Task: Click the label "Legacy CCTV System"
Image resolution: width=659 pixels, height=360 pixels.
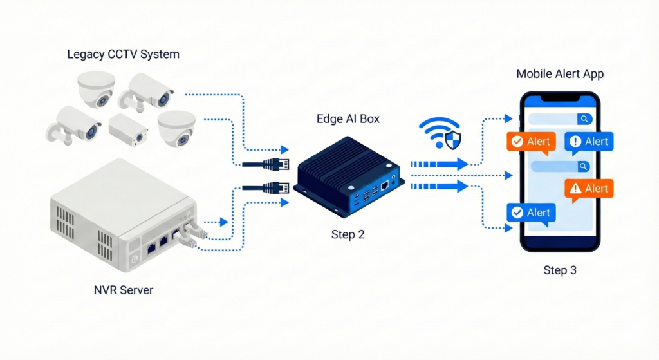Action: coord(123,54)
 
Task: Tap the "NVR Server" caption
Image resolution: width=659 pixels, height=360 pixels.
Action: coord(124,290)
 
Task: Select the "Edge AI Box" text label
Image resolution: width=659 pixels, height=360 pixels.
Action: coord(348,118)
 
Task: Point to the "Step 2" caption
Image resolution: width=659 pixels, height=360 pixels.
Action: coord(348,234)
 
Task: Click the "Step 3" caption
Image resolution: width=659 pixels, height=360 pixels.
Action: coord(560,270)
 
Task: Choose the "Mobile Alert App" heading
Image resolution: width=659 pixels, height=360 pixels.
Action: coord(560,74)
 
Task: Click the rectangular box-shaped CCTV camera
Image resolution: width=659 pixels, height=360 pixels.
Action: coord(127,131)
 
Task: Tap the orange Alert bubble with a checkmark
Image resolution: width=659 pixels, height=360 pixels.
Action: coord(530,142)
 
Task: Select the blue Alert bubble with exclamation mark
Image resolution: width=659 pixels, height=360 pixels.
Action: coord(589,142)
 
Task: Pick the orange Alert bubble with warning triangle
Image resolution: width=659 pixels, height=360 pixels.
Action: coord(589,189)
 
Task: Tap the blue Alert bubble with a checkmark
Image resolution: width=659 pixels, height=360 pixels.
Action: coord(530,213)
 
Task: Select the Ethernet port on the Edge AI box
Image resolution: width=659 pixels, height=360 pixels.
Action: coord(385,185)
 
